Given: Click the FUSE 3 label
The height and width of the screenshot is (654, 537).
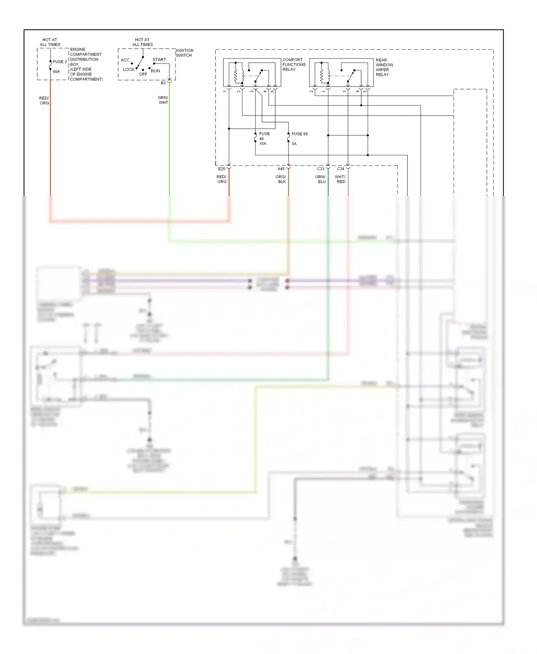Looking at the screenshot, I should (x=59, y=62).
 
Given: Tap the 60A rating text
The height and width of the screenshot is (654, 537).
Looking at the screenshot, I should (x=56, y=72).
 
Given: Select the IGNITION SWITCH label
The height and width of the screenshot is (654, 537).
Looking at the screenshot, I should (x=184, y=53).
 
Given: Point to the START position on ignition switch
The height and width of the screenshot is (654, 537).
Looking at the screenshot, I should (x=159, y=60).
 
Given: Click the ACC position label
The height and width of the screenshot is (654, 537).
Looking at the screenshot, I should (x=125, y=60).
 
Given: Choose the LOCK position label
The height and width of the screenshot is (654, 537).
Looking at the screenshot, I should (x=128, y=69).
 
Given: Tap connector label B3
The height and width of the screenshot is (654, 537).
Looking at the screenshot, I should (x=163, y=83).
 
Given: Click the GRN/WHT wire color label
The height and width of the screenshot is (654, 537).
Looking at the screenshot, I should (x=163, y=100).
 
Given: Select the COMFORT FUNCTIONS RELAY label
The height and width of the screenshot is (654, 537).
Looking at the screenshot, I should (x=294, y=65).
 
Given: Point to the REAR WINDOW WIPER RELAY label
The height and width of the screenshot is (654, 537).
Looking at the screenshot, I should (x=384, y=67).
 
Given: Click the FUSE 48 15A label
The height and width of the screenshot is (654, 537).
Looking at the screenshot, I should (x=264, y=139).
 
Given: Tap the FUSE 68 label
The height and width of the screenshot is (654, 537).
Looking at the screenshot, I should (x=299, y=134).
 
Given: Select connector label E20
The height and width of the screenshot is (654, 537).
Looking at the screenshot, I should (x=222, y=169).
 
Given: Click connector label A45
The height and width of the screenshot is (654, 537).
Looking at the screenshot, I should (x=281, y=169).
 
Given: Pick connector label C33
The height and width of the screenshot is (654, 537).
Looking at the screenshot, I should (x=320, y=169).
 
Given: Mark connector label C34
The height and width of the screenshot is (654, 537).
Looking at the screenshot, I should (x=340, y=169).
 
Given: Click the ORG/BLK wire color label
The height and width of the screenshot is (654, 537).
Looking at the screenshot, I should (x=281, y=179).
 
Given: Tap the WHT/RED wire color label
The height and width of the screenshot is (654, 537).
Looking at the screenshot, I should (x=340, y=179).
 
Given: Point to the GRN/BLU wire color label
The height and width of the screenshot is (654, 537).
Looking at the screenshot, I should (x=320, y=179).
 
